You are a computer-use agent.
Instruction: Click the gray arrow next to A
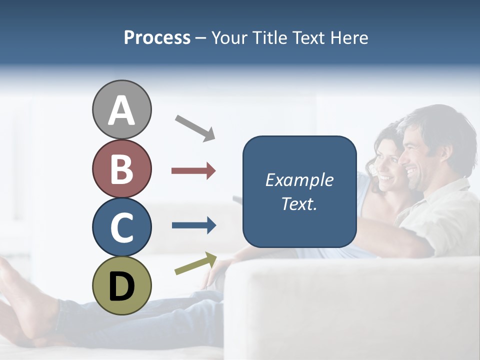[x=195, y=127]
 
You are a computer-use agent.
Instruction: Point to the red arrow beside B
[x=193, y=171]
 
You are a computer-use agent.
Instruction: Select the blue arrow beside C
[x=194, y=225]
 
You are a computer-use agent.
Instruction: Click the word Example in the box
[x=299, y=180]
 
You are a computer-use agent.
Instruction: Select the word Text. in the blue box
[x=299, y=204]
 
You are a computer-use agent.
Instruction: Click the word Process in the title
[x=157, y=37]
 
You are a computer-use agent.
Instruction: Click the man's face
[x=418, y=157]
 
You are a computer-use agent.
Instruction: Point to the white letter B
[x=121, y=169]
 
